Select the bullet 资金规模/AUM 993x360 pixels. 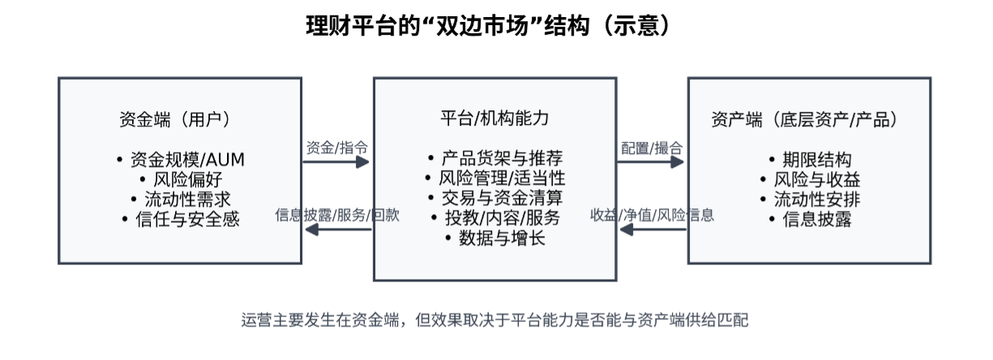click(180, 158)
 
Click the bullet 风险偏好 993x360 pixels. click(180, 178)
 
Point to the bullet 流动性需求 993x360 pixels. click(180, 199)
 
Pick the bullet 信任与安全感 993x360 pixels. click(180, 219)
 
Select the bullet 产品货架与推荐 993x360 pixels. click(494, 157)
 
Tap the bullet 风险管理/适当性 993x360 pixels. click(494, 178)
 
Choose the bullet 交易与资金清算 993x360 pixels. click(494, 198)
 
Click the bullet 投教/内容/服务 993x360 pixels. click(494, 217)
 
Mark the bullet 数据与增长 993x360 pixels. click(494, 238)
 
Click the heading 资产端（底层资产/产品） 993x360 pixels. click(809, 119)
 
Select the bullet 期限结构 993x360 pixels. click(809, 159)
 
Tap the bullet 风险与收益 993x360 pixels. click(809, 179)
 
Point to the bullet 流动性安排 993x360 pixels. click(809, 199)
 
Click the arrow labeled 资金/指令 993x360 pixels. click(336, 161)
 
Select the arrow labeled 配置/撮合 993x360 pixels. click(651, 161)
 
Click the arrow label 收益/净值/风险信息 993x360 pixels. click(652, 216)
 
